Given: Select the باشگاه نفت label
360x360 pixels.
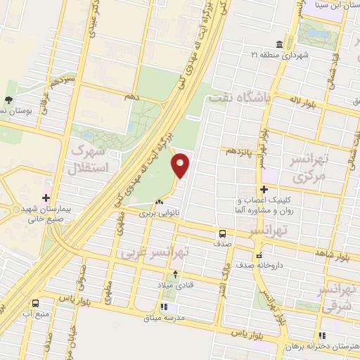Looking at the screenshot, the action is pos(239,100).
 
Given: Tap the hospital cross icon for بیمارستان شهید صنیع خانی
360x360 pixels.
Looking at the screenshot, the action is pos(47,198).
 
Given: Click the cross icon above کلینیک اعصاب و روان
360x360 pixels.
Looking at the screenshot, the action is pos(264,189).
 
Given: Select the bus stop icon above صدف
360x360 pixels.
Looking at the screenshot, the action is pos(222,233).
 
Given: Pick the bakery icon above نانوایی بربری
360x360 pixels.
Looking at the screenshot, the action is pos(159,202).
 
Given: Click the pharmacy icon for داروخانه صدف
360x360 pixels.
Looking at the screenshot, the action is pos(260,255).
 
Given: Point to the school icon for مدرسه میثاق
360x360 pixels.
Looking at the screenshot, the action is pos(164,307).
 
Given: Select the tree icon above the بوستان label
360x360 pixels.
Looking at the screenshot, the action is pos(8,101).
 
